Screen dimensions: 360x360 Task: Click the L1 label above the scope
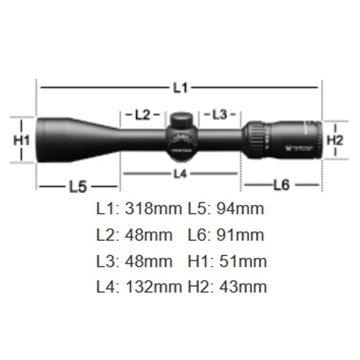tap(180, 88)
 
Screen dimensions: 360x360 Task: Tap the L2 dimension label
tap(142, 115)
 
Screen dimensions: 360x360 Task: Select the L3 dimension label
tap(220, 115)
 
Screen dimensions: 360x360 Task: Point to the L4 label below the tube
tap(180, 174)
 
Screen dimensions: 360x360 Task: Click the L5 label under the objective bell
tap(77, 186)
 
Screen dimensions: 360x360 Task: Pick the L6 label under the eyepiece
tap(281, 185)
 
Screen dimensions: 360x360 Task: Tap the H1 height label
tap(21, 140)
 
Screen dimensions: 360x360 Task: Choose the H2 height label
tap(335, 140)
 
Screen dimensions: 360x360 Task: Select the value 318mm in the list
tap(153, 209)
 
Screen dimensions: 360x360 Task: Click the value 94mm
tap(240, 209)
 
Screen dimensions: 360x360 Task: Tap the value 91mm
tap(240, 235)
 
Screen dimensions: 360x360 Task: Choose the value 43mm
tap(243, 287)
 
